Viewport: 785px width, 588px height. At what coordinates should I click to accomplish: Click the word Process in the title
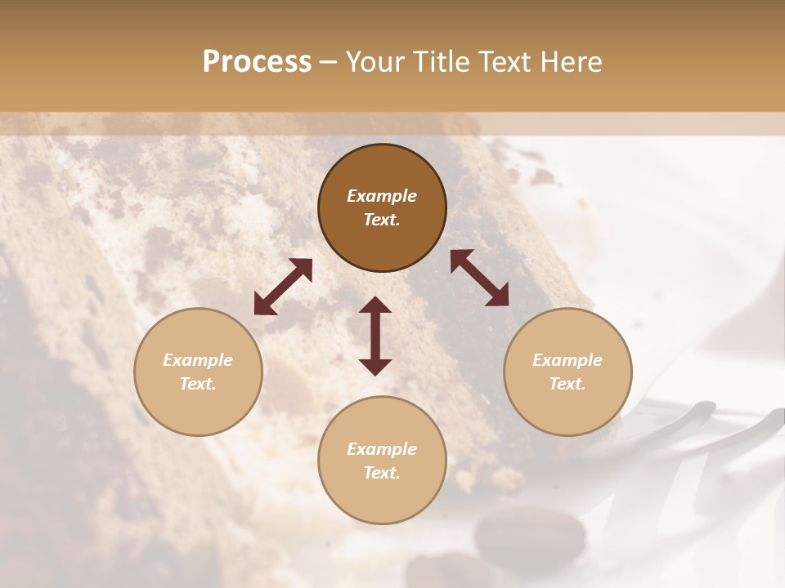pos(257,62)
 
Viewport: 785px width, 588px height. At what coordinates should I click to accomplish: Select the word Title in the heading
pos(435,62)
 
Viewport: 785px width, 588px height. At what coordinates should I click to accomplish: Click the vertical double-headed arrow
pos(375,336)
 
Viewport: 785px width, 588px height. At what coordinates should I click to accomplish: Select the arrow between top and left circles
pos(283,287)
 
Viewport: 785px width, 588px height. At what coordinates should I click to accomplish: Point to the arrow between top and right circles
pos(479,278)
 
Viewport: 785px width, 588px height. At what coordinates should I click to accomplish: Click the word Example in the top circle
pos(382,196)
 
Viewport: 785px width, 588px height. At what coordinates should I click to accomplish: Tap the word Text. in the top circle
pos(382,220)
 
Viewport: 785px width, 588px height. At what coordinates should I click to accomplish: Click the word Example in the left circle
pos(198,360)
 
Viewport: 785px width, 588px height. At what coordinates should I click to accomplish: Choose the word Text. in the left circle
pos(198,384)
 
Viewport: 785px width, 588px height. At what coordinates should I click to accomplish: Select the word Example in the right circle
pos(567,360)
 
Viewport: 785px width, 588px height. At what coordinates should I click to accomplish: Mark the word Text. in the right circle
pos(567,384)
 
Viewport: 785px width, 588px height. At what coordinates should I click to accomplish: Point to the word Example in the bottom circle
pos(382,449)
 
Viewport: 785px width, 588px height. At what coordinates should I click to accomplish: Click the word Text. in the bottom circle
pos(382,473)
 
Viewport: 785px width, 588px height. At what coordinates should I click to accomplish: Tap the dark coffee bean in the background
pos(507,535)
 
